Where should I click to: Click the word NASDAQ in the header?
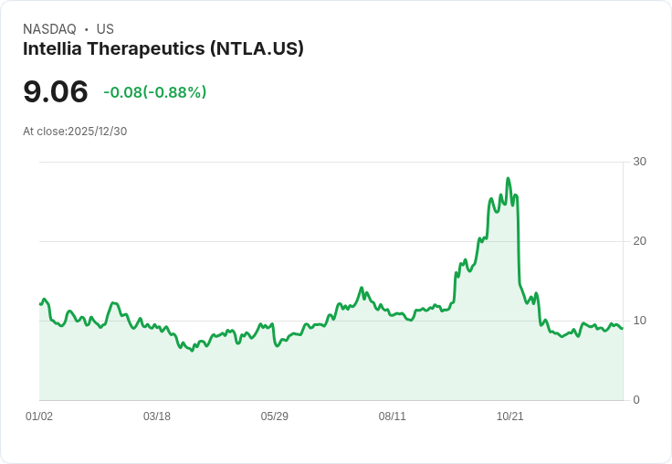point(49,29)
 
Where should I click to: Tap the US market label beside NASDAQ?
point(105,29)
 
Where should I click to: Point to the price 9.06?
point(56,91)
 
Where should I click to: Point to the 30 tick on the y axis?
point(640,162)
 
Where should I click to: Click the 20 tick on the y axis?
point(640,241)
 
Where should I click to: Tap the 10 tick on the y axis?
point(640,321)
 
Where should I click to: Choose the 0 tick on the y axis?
point(636,400)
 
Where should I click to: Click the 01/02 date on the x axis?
point(39,417)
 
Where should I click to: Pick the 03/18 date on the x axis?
point(157,417)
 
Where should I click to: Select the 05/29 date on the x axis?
point(275,417)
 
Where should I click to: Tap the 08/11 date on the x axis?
point(393,417)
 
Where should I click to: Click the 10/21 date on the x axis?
point(510,417)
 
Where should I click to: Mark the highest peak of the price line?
point(508,179)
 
